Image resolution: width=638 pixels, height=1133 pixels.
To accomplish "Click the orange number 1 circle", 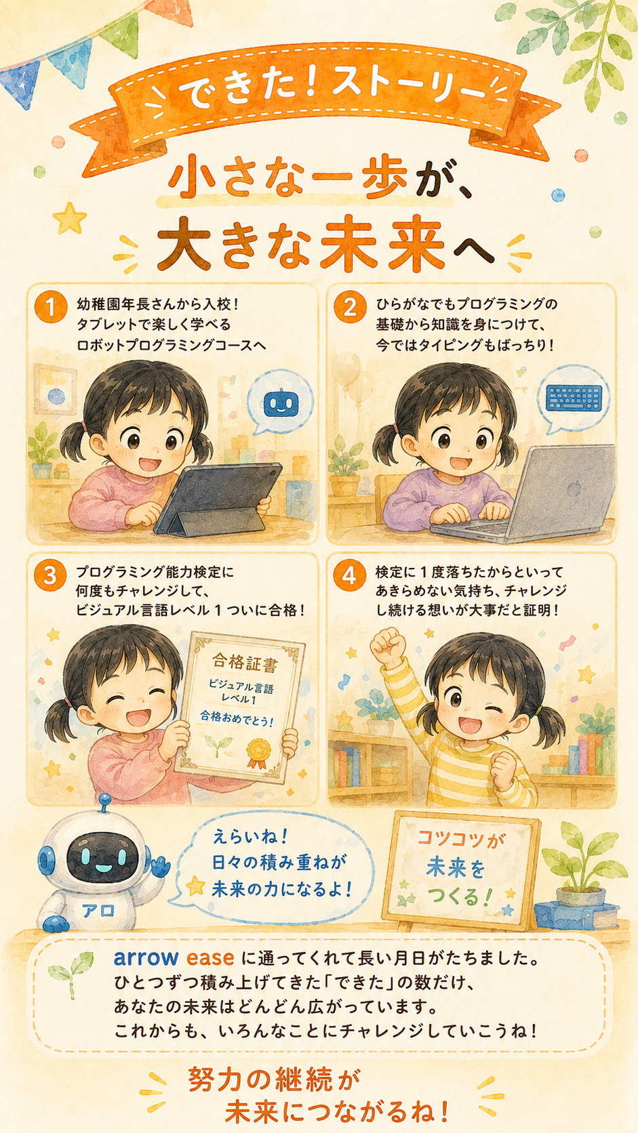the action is point(51,307).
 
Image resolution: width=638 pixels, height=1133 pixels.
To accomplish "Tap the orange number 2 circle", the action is point(350,307).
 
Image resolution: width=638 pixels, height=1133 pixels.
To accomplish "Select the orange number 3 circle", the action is point(51,575).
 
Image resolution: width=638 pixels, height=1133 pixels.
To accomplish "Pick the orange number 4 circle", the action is point(350,575).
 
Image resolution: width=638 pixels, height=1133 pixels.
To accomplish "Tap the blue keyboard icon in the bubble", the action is point(574,398).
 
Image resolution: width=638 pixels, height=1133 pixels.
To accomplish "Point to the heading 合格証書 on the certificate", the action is point(244,662).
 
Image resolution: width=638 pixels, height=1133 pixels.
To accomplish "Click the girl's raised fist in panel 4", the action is point(388,646).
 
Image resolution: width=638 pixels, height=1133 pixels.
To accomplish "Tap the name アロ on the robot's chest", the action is point(98,911).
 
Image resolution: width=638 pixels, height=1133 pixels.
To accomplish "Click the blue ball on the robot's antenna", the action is point(104,799).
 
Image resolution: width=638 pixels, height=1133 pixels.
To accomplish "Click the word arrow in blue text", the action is point(146,957).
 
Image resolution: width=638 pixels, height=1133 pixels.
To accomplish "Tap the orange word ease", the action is point(210,958).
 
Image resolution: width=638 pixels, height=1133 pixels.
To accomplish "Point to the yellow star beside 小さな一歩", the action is point(69,218).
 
